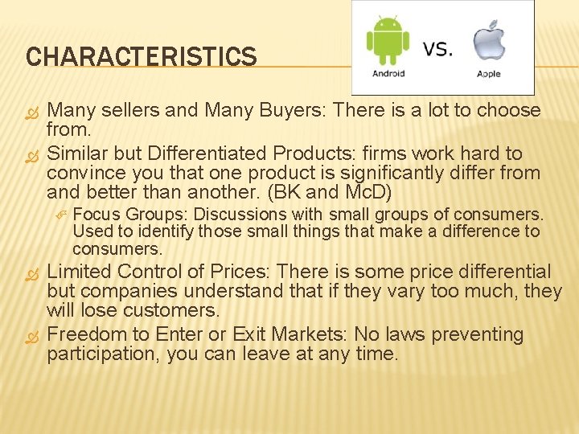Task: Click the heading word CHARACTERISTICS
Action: click(x=141, y=57)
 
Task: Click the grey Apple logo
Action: click(x=488, y=40)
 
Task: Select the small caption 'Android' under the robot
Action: click(x=388, y=74)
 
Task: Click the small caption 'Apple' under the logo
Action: click(x=488, y=74)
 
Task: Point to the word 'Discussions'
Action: click(x=240, y=215)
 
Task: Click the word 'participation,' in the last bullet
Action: click(x=103, y=354)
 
